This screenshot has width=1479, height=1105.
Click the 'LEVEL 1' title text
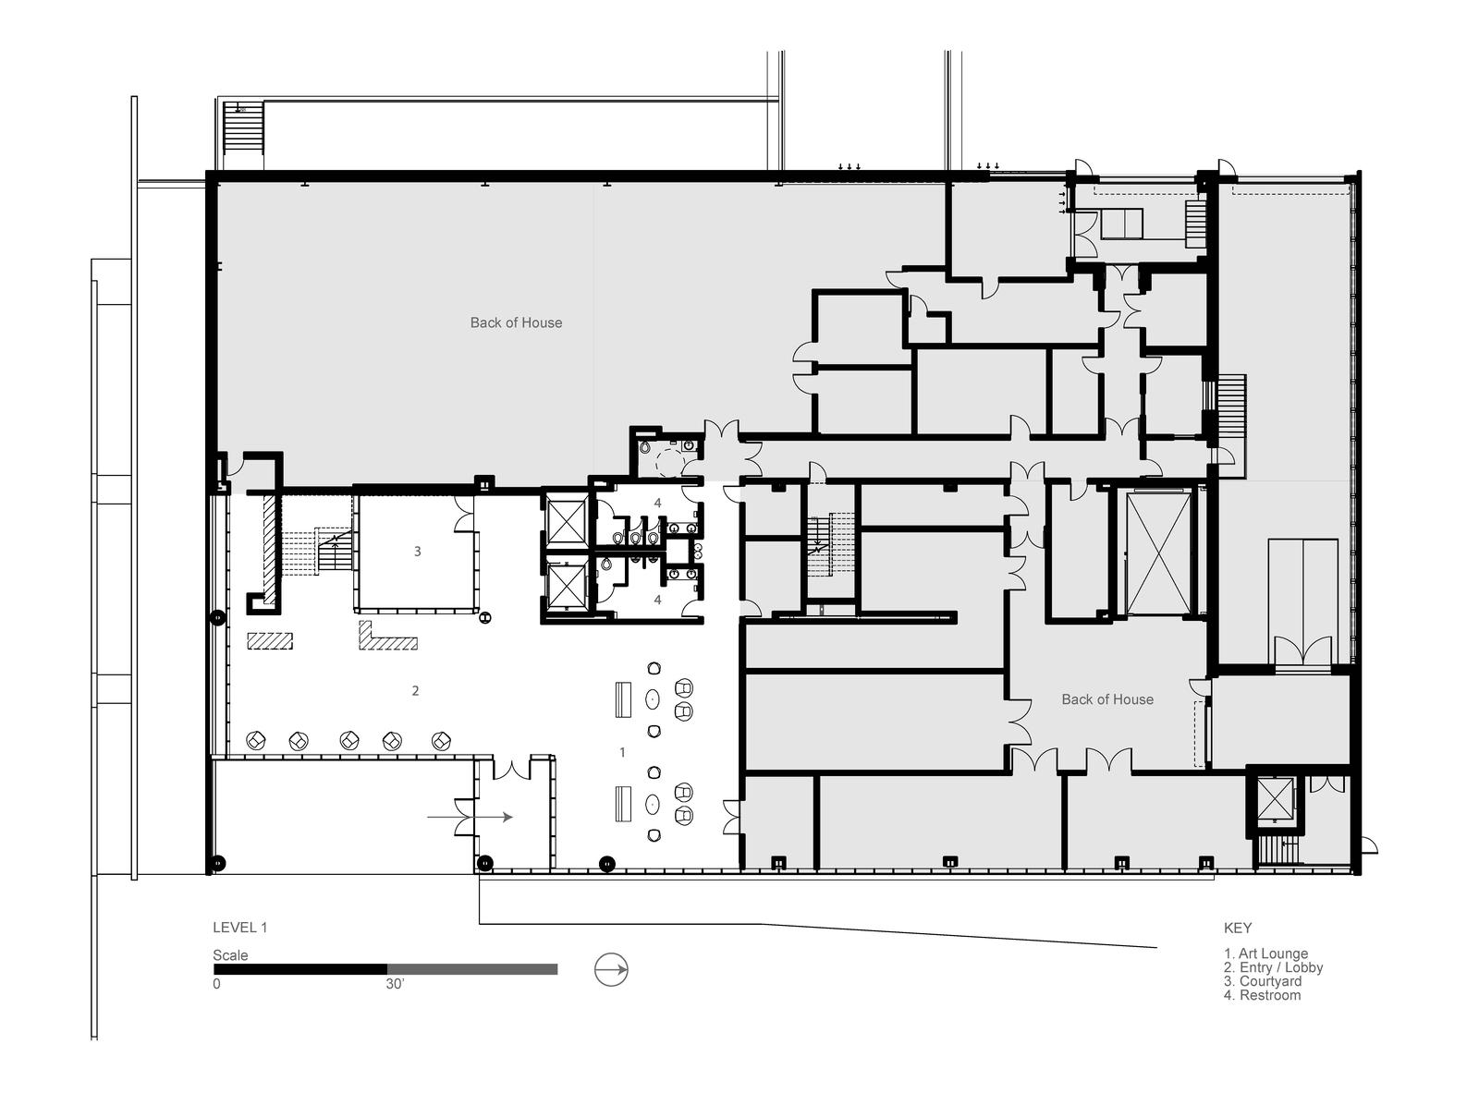(x=239, y=928)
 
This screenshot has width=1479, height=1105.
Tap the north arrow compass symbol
(x=611, y=970)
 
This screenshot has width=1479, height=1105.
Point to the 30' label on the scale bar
(x=395, y=984)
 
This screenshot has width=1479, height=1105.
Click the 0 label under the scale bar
(x=216, y=984)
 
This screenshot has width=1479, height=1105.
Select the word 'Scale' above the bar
(x=230, y=954)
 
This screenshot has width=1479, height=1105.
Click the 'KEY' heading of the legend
(x=1238, y=928)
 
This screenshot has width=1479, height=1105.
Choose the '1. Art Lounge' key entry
(x=1266, y=953)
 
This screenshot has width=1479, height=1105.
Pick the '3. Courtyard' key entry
(x=1263, y=981)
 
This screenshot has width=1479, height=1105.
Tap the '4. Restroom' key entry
(x=1262, y=995)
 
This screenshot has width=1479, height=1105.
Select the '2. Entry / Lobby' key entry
(x=1274, y=967)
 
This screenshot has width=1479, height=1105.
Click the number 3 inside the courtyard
(x=417, y=552)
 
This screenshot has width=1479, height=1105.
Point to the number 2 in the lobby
(x=415, y=690)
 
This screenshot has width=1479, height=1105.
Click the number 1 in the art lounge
(x=623, y=752)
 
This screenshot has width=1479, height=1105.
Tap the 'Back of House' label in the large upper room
(x=516, y=322)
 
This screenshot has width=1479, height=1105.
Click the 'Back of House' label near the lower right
(x=1107, y=699)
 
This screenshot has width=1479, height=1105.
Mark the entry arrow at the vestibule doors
(x=470, y=818)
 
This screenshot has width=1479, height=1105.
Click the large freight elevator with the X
(x=1157, y=552)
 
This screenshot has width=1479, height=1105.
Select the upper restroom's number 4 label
(x=657, y=503)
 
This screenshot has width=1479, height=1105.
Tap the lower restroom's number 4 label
(x=657, y=600)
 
